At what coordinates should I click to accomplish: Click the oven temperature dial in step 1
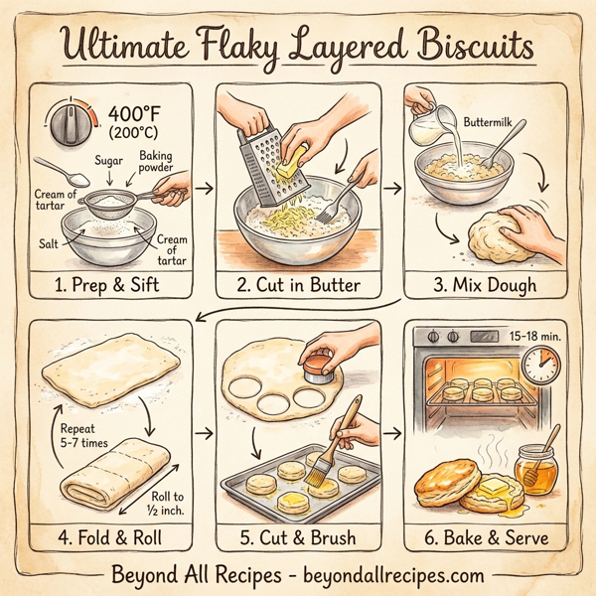click(x=69, y=127)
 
